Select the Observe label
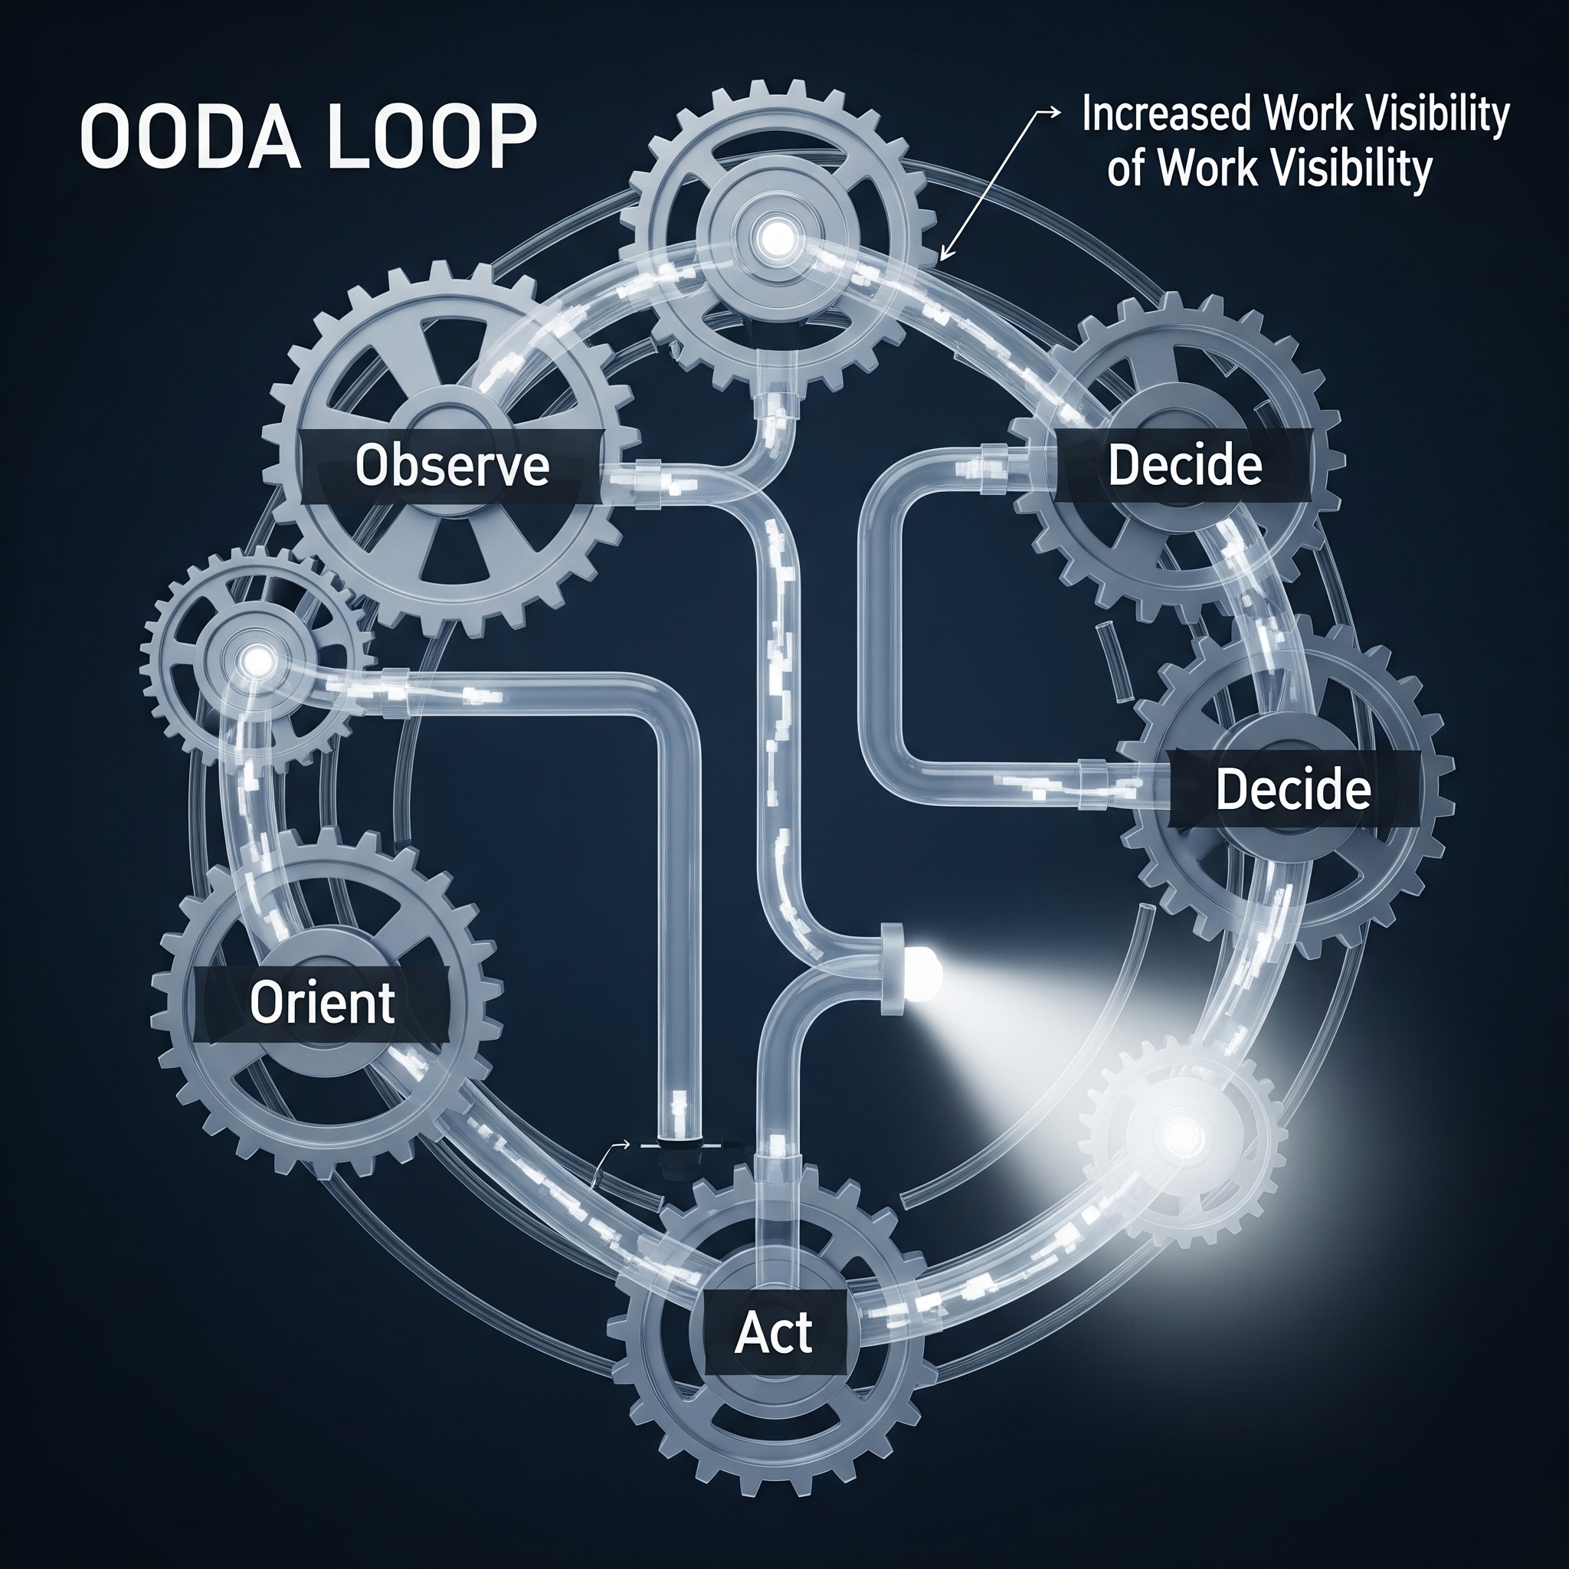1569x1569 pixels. pyautogui.click(x=452, y=465)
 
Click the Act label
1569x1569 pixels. pyautogui.click(x=773, y=1333)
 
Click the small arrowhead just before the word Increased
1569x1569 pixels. pyautogui.click(x=1056, y=113)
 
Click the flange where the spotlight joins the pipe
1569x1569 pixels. pyautogui.click(x=893, y=968)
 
